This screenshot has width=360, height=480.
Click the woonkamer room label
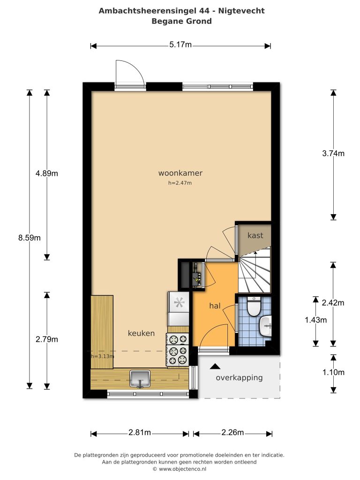point(180,173)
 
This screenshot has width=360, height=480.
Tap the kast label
point(255,235)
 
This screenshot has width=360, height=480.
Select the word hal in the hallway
point(215,306)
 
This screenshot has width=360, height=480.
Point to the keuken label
point(141,333)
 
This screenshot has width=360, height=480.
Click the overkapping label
point(239,378)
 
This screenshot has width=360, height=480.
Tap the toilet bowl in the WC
point(254,307)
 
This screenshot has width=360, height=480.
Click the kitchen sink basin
point(140,379)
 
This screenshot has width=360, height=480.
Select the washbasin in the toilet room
point(265,326)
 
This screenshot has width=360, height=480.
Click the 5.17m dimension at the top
point(180,45)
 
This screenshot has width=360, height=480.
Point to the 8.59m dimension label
point(30,238)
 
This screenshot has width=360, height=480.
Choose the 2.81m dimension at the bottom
point(140,433)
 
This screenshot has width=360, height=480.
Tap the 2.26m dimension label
point(232,433)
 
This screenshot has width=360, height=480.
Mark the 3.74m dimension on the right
point(333,153)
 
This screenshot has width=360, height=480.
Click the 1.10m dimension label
point(333,373)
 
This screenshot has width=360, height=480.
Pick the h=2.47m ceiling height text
point(180,183)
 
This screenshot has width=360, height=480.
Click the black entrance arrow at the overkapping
point(215,366)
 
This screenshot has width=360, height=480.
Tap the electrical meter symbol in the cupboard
point(196,275)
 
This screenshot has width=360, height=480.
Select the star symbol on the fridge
point(179,303)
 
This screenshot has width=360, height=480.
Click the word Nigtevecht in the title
point(241,11)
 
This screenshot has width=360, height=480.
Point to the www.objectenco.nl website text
point(182,469)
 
